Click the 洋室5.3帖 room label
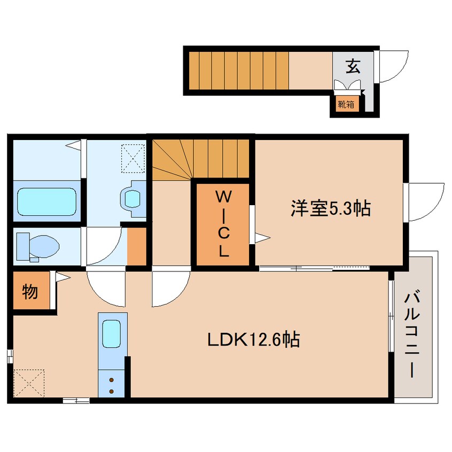[330, 208]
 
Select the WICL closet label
[223, 224]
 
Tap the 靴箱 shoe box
[345, 104]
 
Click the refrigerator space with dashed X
[29, 383]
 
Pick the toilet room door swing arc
[106, 246]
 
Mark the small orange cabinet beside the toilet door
[137, 246]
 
